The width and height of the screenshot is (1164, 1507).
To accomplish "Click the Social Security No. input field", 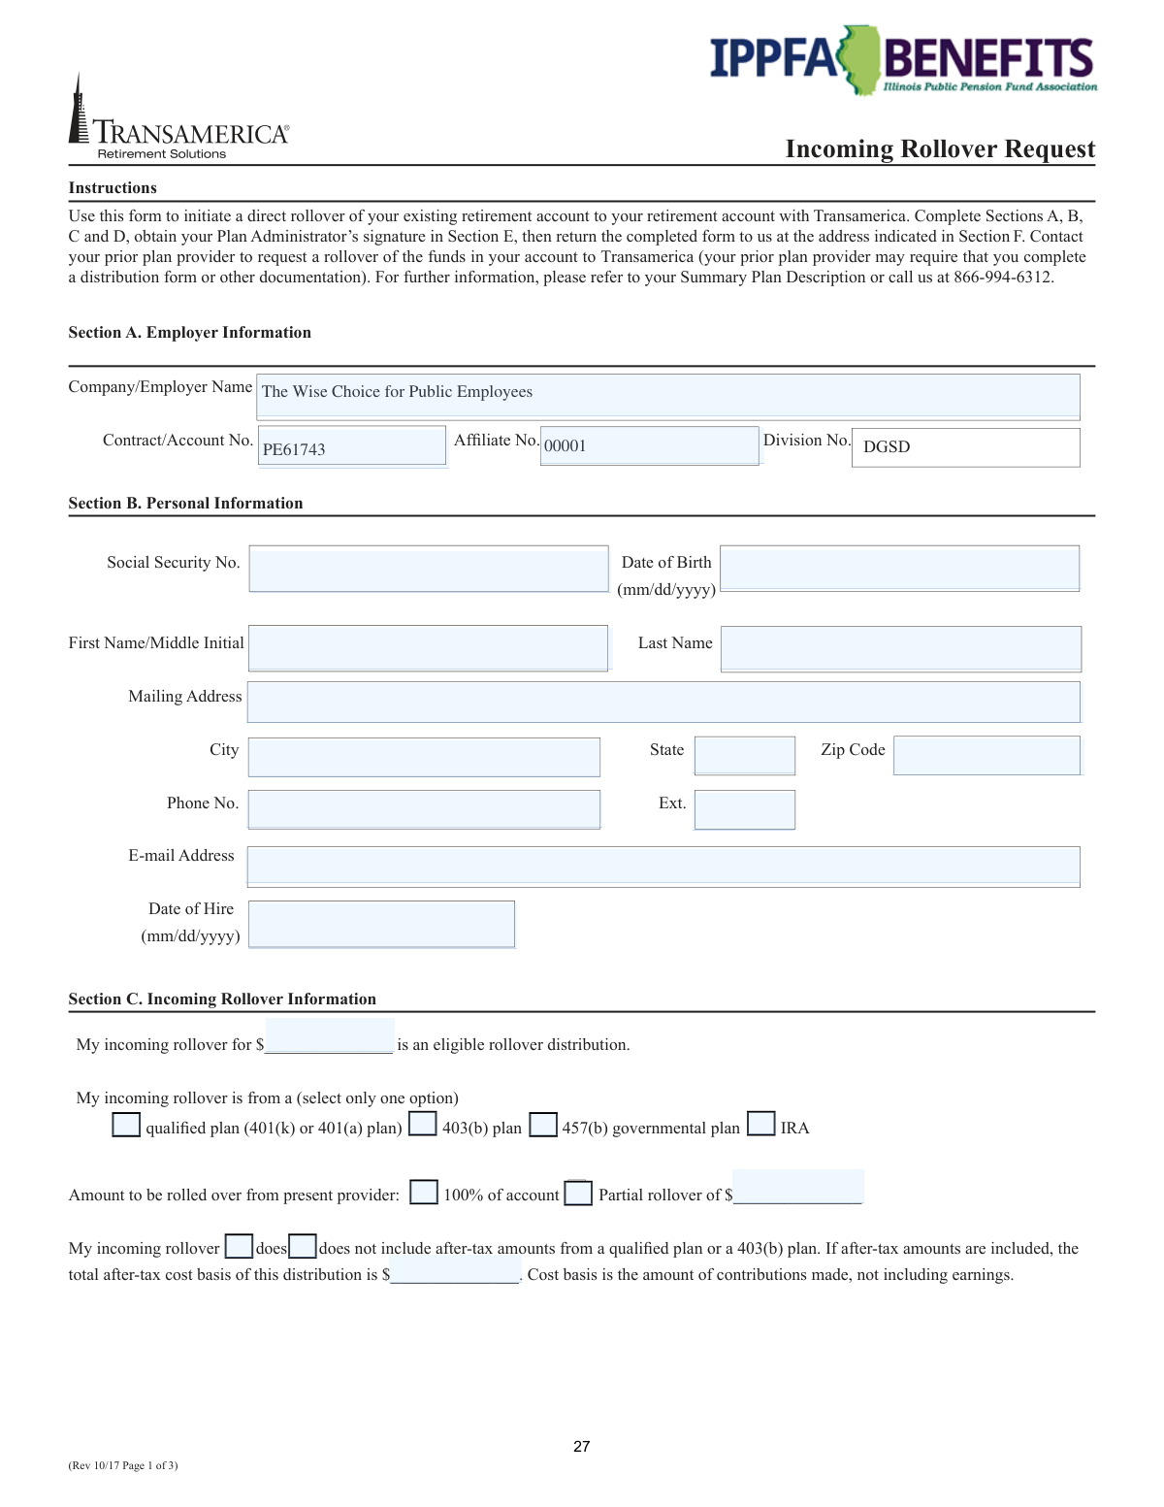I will coord(428,569).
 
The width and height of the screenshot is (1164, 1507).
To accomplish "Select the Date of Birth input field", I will coord(899,569).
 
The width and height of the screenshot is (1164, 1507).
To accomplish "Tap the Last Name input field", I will coord(900,648).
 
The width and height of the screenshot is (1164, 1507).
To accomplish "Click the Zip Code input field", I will coord(986,755).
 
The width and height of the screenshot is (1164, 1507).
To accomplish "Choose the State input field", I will coord(745,755).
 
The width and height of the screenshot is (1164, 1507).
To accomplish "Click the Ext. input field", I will coord(745,809).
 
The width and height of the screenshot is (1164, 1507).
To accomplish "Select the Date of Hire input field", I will coord(381,923).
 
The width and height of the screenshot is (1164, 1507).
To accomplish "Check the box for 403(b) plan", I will coord(423,1124).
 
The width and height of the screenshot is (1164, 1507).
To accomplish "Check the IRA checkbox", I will coord(761,1124).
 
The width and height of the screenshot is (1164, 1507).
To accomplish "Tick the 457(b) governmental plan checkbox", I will coord(543,1125).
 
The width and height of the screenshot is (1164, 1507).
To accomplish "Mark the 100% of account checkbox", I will coord(424,1192).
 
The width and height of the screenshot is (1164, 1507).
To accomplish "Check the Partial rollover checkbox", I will coord(578,1193).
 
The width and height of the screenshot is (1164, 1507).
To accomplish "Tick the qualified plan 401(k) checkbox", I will coord(126,1125).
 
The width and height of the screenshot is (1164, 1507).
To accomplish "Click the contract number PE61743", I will coord(294,449).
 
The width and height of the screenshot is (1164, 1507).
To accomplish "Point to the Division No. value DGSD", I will coord(887,446).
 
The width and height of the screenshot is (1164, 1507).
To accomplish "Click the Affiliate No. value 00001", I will coord(566,445).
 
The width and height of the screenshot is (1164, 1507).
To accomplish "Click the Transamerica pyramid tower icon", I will coord(78,112).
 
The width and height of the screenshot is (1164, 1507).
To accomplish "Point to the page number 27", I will coord(582,1446).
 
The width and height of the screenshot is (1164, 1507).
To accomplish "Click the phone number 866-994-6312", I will coord(1002,278).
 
